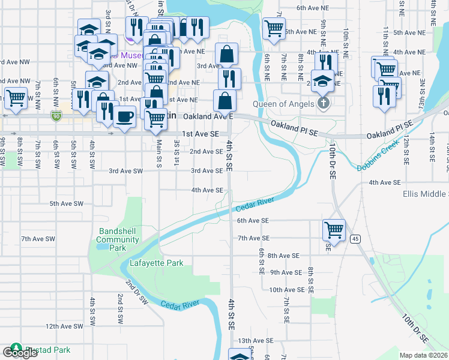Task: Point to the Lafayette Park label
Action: [157, 263]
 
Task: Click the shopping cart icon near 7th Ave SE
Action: [333, 229]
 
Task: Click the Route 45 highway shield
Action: [356, 239]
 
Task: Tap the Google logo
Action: [20, 353]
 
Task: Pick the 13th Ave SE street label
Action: [252, 340]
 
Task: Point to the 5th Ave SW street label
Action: [66, 203]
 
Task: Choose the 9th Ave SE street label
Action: [285, 272]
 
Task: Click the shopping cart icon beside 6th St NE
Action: [274, 27]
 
